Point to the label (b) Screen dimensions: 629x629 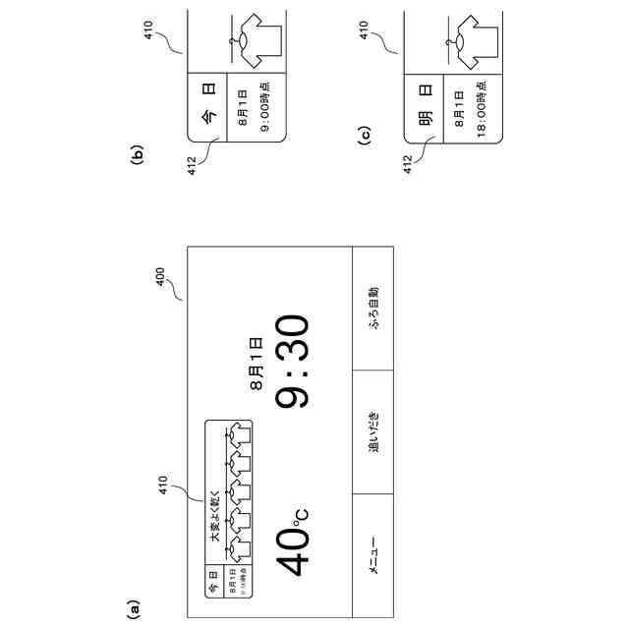pyautogui.click(x=138, y=153)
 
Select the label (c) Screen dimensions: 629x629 pyautogui.click(x=363, y=137)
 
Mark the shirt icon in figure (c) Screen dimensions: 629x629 pyautogui.click(x=470, y=36)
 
